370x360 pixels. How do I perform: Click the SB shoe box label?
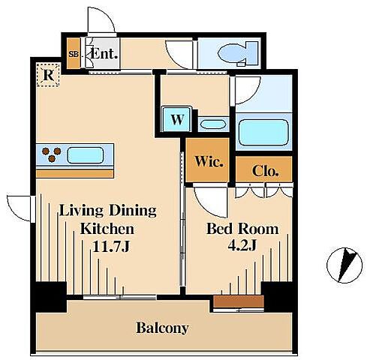click(74, 54)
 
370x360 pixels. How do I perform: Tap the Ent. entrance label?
click(104, 53)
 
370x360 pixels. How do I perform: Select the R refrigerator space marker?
click(48, 74)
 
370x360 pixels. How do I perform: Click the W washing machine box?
click(177, 119)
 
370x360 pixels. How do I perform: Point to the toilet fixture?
click(238, 53)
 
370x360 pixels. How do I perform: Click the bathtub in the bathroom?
click(264, 132)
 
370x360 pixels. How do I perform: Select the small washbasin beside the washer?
click(213, 124)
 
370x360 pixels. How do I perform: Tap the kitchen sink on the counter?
click(86, 155)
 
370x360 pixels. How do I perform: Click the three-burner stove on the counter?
click(52, 154)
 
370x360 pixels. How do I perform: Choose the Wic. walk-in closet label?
click(209, 161)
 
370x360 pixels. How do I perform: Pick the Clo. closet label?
click(265, 171)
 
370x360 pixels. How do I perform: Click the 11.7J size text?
click(111, 246)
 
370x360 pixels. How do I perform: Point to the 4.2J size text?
click(242, 245)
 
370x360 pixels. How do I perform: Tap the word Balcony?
click(162, 328)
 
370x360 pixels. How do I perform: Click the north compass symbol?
click(344, 265)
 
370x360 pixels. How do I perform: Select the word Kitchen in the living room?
click(107, 228)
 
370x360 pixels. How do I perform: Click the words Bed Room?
click(242, 228)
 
